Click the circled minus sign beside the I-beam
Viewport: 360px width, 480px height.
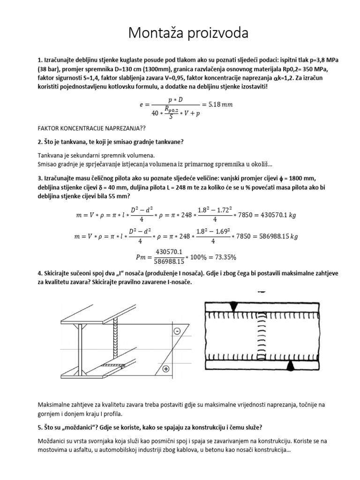coord(177,331)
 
